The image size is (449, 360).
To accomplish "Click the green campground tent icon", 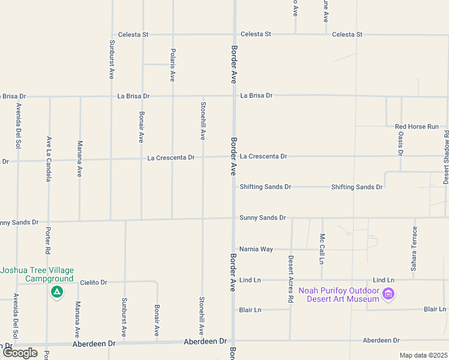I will click(57, 293).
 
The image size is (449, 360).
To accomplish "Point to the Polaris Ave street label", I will click(172, 65).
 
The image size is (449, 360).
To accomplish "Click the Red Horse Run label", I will click(421, 127).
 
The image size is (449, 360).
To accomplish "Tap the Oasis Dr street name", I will click(400, 142).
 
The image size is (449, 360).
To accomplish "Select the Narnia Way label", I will click(256, 249).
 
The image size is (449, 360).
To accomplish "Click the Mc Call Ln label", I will click(322, 249).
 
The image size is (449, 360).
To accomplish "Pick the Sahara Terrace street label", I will click(414, 249).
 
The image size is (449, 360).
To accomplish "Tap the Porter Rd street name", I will click(47, 239).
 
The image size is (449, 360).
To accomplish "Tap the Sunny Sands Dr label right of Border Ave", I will click(262, 218).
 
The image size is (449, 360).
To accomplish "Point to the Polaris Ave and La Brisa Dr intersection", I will click(172, 96).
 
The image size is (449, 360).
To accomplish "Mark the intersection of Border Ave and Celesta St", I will click(234, 34).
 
